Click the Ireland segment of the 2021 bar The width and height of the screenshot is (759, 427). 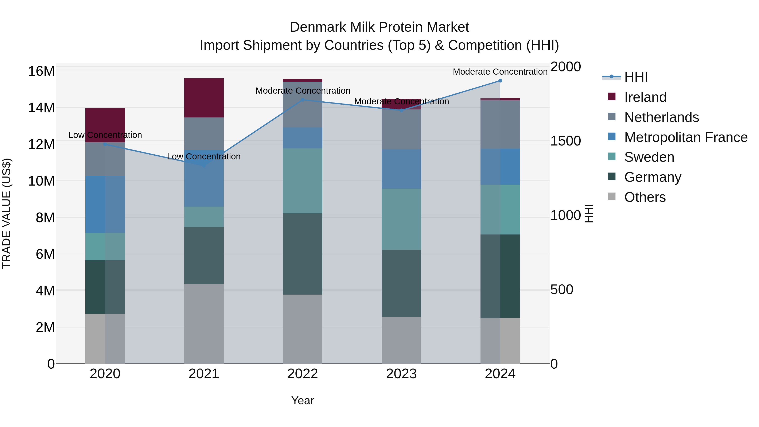pyautogui.click(x=204, y=98)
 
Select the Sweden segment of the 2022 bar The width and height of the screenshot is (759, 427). pyautogui.click(x=302, y=181)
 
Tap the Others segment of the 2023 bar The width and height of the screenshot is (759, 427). pyautogui.click(x=401, y=340)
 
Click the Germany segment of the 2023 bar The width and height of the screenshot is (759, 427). pyautogui.click(x=401, y=283)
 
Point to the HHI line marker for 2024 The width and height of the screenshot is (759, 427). pyautogui.click(x=500, y=81)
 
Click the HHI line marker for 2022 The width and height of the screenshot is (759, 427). pyautogui.click(x=302, y=100)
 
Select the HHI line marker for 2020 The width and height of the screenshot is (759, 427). pyautogui.click(x=105, y=144)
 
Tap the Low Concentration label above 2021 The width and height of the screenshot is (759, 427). pyautogui.click(x=204, y=156)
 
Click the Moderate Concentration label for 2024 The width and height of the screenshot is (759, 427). pyautogui.click(x=500, y=72)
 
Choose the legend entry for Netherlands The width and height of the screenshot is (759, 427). pyautogui.click(x=661, y=117)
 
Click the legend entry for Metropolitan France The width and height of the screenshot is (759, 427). pyautogui.click(x=685, y=137)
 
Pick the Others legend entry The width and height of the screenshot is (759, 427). pyautogui.click(x=645, y=197)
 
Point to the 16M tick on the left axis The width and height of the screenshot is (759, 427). pyautogui.click(x=41, y=71)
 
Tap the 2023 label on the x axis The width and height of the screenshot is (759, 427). pyautogui.click(x=401, y=374)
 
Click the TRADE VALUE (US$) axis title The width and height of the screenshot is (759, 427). pyautogui.click(x=7, y=213)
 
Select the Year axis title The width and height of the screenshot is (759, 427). pyautogui.click(x=302, y=400)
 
